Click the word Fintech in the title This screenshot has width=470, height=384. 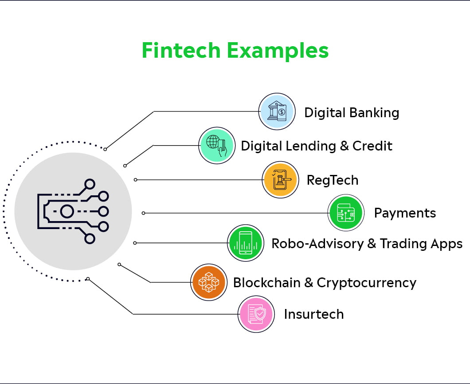pyautogui.click(x=181, y=50)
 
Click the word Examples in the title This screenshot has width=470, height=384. pyautogui.click(x=278, y=51)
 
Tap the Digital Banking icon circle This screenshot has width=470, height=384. pyautogui.click(x=277, y=111)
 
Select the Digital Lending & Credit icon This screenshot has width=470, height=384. pyautogui.click(x=217, y=146)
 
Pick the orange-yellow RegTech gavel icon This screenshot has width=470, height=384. pyautogui.click(x=280, y=180)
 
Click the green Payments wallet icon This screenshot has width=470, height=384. pyautogui.click(x=346, y=213)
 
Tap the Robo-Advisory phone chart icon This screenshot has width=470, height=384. pyautogui.click(x=246, y=243)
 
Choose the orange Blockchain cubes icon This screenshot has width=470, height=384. pyautogui.click(x=209, y=282)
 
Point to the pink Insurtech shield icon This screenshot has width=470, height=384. pyautogui.click(x=256, y=314)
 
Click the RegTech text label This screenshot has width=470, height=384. pyautogui.click(x=333, y=180)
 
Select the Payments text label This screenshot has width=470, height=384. pyautogui.click(x=405, y=213)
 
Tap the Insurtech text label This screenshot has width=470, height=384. pyautogui.click(x=314, y=314)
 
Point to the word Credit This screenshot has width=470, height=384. pyautogui.click(x=372, y=146)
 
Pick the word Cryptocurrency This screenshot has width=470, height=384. pyautogui.click(x=367, y=283)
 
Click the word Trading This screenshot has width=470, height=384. pyautogui.click(x=404, y=244)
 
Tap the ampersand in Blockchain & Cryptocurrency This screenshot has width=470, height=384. pyautogui.click(x=309, y=283)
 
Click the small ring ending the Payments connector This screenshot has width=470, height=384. pyautogui.click(x=144, y=213)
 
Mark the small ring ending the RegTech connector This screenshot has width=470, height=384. pyautogui.click(x=136, y=180)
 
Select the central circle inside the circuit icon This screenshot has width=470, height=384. pyautogui.click(x=67, y=211)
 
